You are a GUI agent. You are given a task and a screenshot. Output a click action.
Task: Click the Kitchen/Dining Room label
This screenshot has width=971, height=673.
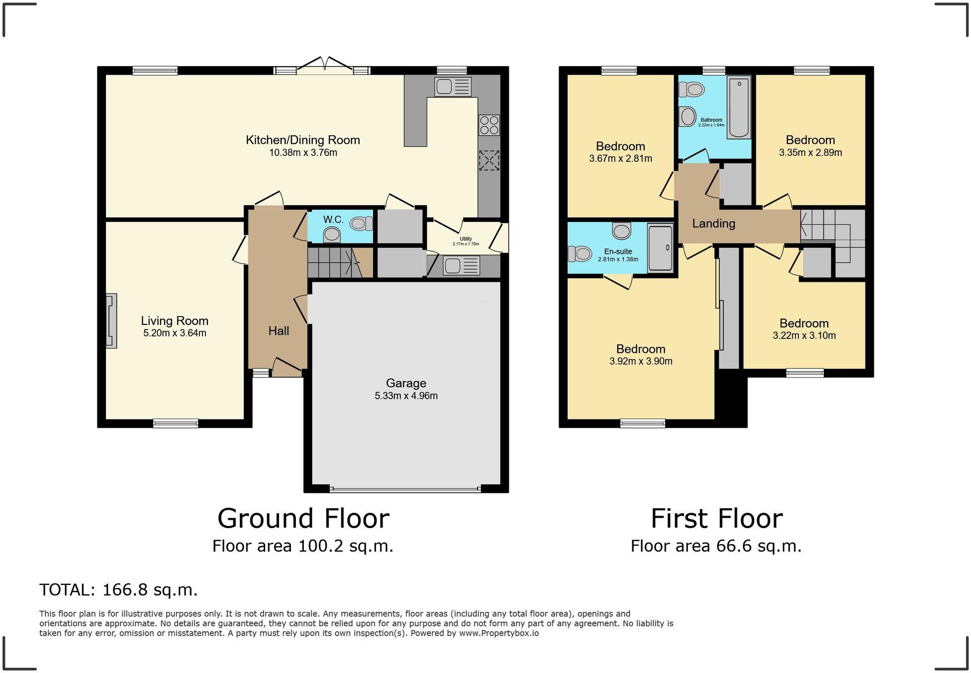click(x=302, y=140)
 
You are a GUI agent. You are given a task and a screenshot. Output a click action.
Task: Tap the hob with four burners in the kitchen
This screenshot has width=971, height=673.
click(x=488, y=125)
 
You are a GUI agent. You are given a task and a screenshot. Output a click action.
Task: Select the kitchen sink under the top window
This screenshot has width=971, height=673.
click(x=452, y=87)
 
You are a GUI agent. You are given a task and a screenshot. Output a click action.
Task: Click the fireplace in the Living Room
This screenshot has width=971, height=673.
click(x=111, y=321)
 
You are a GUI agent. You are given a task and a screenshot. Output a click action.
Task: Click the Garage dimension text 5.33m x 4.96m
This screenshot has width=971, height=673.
click(x=406, y=396)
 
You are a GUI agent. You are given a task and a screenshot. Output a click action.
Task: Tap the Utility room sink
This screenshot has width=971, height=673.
click(x=461, y=266)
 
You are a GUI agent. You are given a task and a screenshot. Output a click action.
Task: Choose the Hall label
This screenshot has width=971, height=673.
click(x=279, y=331)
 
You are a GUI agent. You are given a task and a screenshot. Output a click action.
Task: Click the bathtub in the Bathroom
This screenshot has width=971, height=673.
click(x=739, y=107)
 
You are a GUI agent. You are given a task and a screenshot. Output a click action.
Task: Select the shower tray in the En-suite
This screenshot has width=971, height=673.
click(x=660, y=247)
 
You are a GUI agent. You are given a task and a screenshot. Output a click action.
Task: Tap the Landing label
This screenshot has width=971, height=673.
click(x=713, y=224)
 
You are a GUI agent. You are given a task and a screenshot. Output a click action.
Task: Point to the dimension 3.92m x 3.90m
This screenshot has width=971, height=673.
click(x=641, y=361)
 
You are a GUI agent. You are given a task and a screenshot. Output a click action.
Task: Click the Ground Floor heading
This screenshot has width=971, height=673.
click(x=303, y=518)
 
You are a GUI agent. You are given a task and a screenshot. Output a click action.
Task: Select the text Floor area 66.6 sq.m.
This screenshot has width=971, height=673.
click(x=716, y=546)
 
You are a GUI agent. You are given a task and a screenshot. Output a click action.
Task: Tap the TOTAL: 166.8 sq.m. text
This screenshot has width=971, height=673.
click(x=118, y=590)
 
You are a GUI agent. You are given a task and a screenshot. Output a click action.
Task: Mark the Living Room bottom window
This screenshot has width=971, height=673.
click(x=176, y=424)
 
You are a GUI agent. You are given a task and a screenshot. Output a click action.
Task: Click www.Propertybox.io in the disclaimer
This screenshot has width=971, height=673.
click(x=498, y=633)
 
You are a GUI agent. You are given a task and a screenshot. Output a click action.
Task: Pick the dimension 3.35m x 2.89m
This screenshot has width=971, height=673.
click(x=810, y=153)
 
